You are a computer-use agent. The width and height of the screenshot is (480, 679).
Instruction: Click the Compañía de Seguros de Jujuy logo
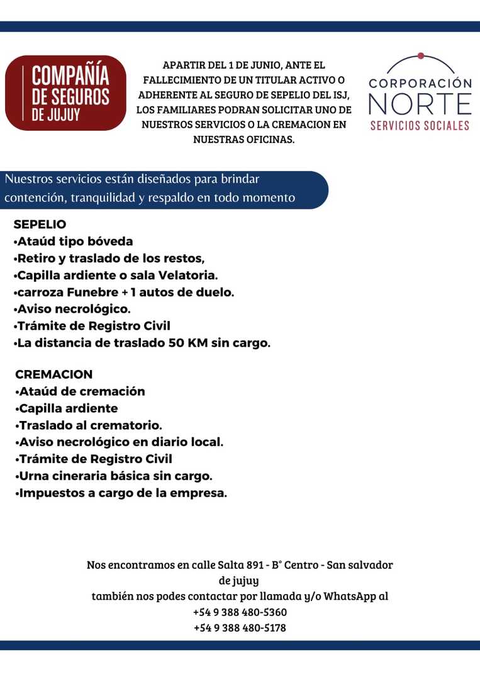pos(65,93)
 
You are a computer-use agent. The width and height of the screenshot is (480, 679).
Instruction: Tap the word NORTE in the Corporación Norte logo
pos(420,104)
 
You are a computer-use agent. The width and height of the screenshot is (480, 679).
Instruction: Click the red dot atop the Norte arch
pos(420,55)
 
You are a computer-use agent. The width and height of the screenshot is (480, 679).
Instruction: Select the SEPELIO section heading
pos(40,225)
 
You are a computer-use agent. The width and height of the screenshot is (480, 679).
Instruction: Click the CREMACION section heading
pos(53,374)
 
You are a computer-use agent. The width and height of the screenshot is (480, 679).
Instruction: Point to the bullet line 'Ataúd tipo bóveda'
pos(73,242)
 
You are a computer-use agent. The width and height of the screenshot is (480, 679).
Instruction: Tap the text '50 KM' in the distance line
pos(192,344)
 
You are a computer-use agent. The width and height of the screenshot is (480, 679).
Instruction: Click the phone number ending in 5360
pos(240,612)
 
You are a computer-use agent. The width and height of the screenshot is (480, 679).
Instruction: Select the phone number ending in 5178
pos(240,628)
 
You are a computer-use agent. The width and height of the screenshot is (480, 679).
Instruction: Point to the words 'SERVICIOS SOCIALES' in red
pos(420,125)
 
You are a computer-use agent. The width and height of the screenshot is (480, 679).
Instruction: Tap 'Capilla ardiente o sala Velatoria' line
pos(116,276)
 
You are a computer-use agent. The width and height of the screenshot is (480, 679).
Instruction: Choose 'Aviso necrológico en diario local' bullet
pos(118,442)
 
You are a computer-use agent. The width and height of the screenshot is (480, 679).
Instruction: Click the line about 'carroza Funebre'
pos(123,293)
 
